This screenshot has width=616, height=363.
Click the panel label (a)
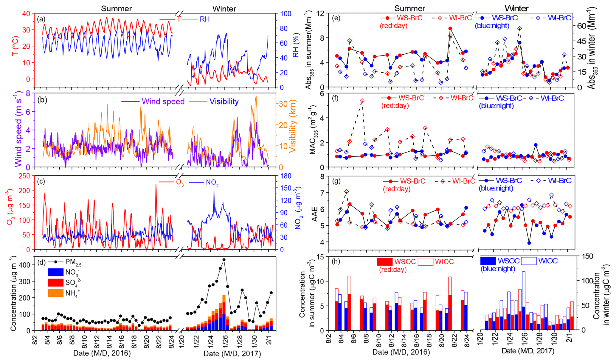pyautogui.click(x=41, y=19)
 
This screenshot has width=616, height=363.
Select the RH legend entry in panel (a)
pyautogui.click(x=204, y=19)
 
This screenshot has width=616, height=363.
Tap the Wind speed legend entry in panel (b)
pyautogui.click(x=163, y=102)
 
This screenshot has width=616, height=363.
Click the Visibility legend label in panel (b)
pyautogui.click(x=224, y=102)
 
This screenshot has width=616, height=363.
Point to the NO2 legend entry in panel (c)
pyautogui.click(x=212, y=183)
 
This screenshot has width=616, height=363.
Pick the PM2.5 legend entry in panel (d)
pyautogui.click(x=73, y=263)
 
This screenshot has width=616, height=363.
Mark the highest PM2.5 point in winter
pyautogui.click(x=224, y=260)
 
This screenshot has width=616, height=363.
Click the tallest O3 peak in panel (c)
pyautogui.click(x=156, y=184)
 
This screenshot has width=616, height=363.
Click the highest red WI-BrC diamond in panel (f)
pyautogui.click(x=362, y=101)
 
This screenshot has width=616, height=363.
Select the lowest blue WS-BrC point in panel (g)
pyautogui.click(x=529, y=243)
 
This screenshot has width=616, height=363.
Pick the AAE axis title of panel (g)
pyautogui.click(x=315, y=213)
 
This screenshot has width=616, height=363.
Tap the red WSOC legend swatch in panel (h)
pyautogui.click(x=385, y=262)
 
